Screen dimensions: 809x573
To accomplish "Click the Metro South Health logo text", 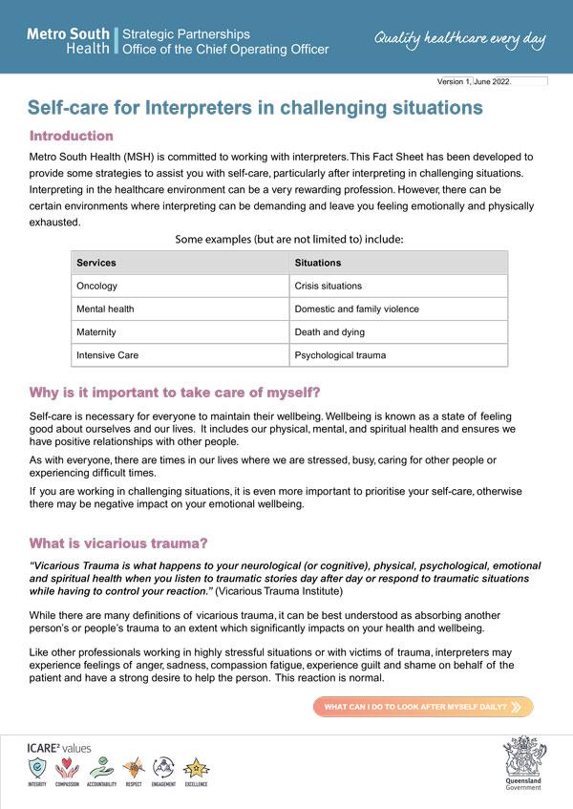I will pyautogui.click(x=68, y=40).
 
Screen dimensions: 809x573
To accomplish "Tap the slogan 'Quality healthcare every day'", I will pyautogui.click(x=459, y=39).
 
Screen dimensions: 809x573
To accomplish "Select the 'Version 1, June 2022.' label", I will pyautogui.click(x=475, y=82).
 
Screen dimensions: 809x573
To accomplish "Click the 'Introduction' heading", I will pyautogui.click(x=72, y=136).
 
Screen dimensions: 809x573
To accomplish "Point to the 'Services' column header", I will pyautogui.click(x=96, y=263).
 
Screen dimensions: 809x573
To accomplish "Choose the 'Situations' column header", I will pyautogui.click(x=318, y=263).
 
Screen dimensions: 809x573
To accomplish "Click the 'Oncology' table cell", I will pyautogui.click(x=97, y=286).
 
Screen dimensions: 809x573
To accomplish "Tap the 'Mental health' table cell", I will pyautogui.click(x=105, y=309).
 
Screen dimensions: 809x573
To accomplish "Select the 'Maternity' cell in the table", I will pyautogui.click(x=96, y=332).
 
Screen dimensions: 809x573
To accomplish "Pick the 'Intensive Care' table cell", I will pyautogui.click(x=107, y=355).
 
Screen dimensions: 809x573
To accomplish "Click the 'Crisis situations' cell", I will pyautogui.click(x=329, y=286).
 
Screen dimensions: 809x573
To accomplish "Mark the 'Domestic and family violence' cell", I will pyautogui.click(x=356, y=309).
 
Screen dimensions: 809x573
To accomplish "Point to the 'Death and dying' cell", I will pyautogui.click(x=329, y=332).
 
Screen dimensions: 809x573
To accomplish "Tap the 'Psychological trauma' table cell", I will pyautogui.click(x=339, y=355).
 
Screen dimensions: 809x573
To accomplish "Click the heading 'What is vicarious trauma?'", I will pyautogui.click(x=118, y=543).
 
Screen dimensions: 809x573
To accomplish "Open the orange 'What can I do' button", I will pyautogui.click(x=423, y=708).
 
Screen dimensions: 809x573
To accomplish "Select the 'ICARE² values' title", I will pyautogui.click(x=60, y=747).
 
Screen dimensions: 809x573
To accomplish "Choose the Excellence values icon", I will pyautogui.click(x=196, y=767).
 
